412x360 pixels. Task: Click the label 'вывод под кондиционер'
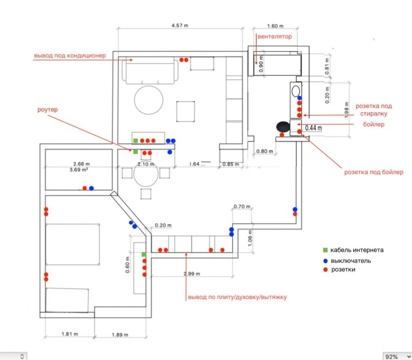pos(70,55)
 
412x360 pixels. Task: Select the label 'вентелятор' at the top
pos(274,36)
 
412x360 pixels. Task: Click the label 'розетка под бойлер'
pos(374,172)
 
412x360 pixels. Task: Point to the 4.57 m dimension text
pos(180,26)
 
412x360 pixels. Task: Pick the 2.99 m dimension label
pos(191,273)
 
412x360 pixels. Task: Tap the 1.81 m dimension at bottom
pos(70,334)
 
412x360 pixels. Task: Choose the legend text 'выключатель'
pos(351,261)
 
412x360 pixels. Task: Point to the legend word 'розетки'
pos(343,270)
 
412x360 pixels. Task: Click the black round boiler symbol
pos(282,126)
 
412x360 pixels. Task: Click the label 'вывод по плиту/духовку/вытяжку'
pos(237,297)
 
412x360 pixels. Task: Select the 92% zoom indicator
pos(392,356)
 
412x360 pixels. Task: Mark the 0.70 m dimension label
pos(242,207)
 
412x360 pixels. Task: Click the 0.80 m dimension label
pos(265,151)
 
